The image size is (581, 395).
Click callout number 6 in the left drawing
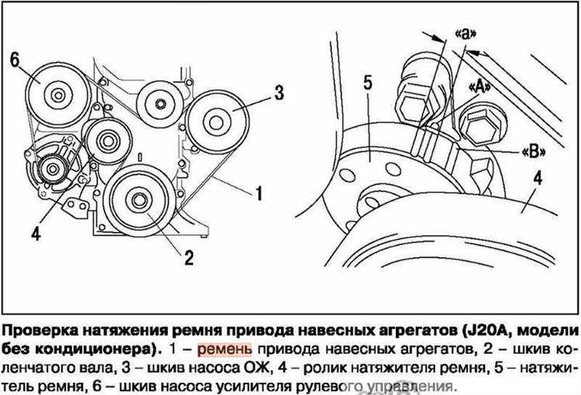tap(14, 59)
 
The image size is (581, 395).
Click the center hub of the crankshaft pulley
tap(140, 202)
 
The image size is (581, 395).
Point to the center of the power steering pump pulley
tap(57, 95)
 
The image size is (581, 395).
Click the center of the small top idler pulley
tap(159, 104)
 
